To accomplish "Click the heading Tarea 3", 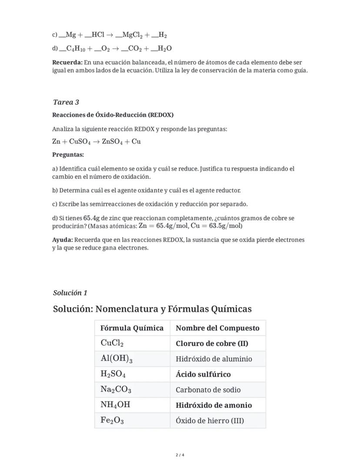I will coord(66,102).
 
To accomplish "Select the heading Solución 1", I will coord(70,293).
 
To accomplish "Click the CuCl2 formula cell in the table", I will coord(112,343).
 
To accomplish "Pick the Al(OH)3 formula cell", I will coord(117,359).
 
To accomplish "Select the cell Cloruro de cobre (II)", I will coord(212,343).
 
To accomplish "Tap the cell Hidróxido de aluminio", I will coord(213,359).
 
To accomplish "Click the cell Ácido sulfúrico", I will coord(203,374).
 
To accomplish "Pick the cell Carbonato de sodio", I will coord(208,390).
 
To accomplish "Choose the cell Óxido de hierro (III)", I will coord(210,421).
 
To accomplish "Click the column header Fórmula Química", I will coord(132,328).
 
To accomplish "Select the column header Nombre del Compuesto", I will coord(217,328).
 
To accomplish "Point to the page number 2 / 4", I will coord(180,455).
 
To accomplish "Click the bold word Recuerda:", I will coord(67,62).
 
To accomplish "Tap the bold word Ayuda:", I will coord(63,240).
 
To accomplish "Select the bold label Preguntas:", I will coord(68,155).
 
